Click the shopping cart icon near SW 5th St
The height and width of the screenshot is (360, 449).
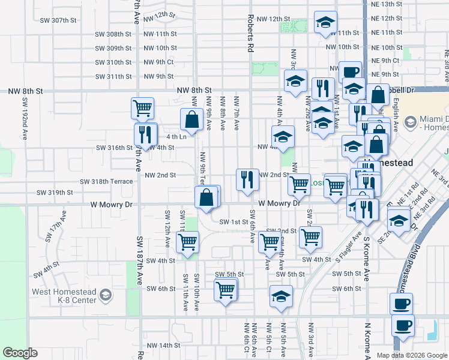(x=226, y=290)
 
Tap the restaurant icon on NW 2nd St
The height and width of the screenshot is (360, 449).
(x=247, y=179)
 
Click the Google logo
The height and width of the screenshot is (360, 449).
(x=20, y=353)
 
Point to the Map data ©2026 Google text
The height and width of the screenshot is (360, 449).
(x=412, y=355)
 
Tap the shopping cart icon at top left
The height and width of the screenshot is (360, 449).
(x=143, y=108)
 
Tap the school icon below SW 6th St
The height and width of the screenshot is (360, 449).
(x=281, y=296)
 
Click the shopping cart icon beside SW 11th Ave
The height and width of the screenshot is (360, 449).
(x=188, y=242)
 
